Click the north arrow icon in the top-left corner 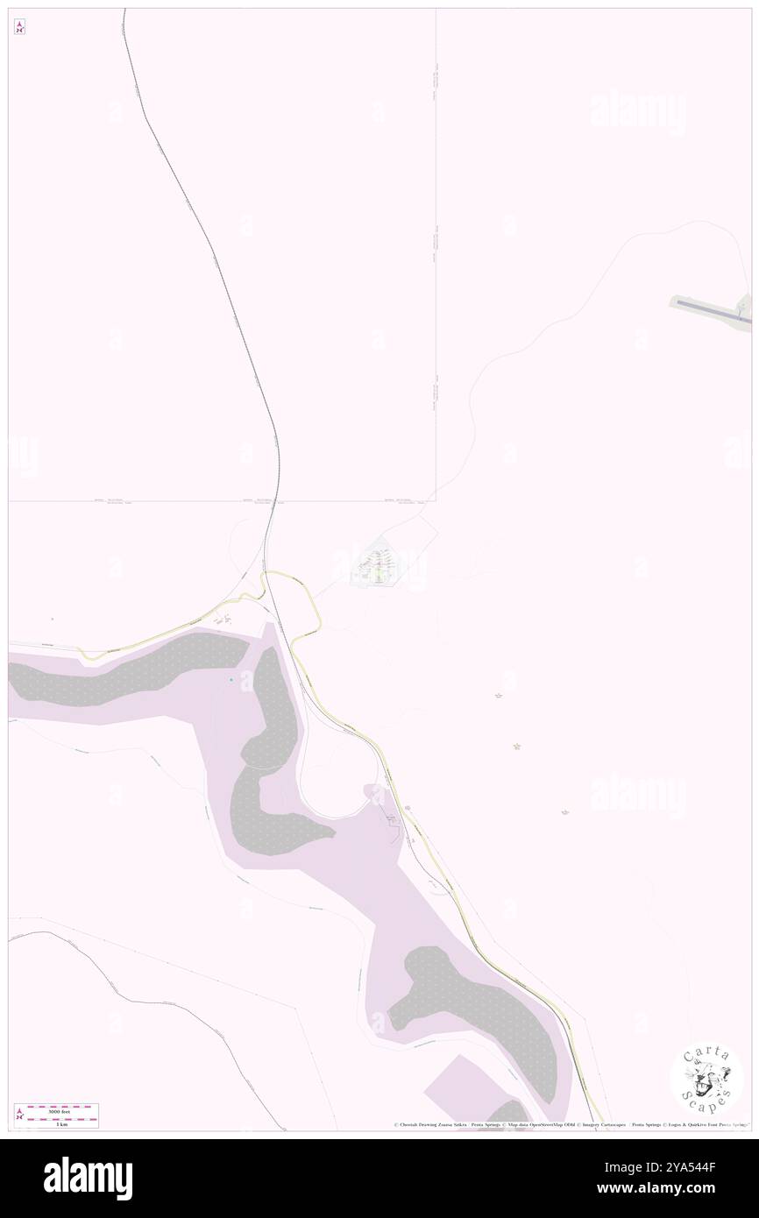tap(19, 27)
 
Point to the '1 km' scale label tap(61, 1122)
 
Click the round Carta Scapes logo tap(706, 1078)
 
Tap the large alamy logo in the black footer tap(89, 1178)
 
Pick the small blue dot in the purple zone tap(231, 680)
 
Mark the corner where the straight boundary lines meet tap(436, 501)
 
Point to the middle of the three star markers tap(517, 747)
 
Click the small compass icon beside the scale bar tap(19, 1114)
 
